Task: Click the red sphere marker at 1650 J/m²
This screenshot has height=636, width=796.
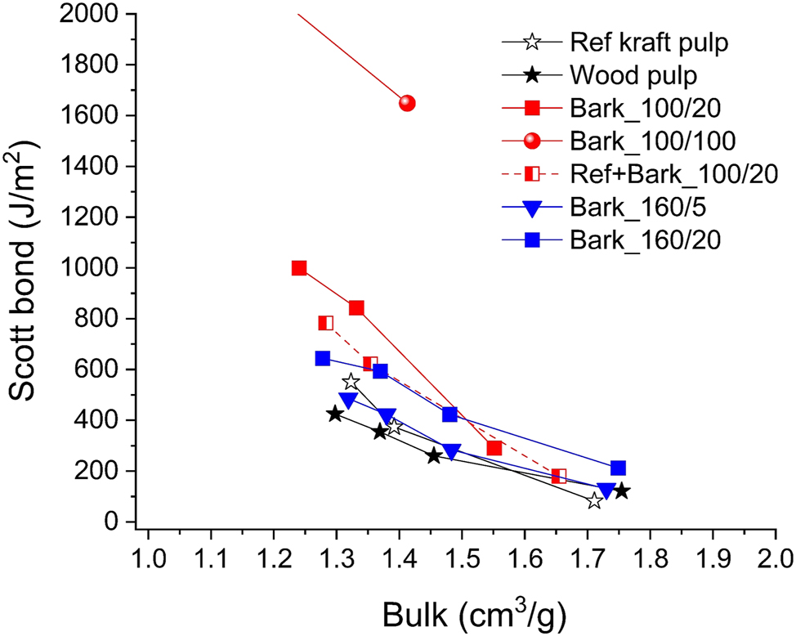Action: (x=407, y=103)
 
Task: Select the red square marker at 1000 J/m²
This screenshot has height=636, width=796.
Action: (x=299, y=268)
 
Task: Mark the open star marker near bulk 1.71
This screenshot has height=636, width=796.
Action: (x=594, y=501)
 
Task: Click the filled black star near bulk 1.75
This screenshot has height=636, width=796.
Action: (x=621, y=490)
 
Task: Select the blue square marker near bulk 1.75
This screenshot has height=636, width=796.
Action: (x=618, y=468)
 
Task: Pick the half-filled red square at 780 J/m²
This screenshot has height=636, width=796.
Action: (x=326, y=323)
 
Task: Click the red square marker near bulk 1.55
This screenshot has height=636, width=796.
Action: (x=494, y=448)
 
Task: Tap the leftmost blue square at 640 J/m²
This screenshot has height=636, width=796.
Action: (x=323, y=358)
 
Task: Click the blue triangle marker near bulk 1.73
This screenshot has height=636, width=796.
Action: (x=606, y=490)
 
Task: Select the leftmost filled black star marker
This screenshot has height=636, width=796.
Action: (x=335, y=414)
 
